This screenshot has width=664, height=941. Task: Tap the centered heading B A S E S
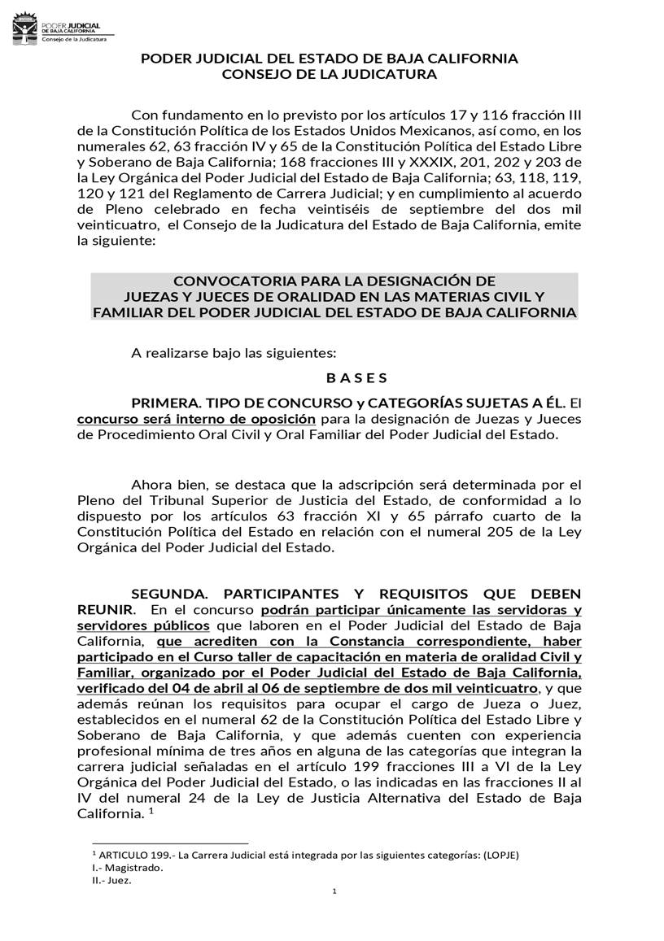(x=356, y=377)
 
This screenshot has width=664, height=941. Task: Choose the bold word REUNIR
(x=102, y=608)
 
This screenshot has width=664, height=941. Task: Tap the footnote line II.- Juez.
(x=111, y=880)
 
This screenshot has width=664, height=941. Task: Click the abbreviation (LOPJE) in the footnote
(x=501, y=854)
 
